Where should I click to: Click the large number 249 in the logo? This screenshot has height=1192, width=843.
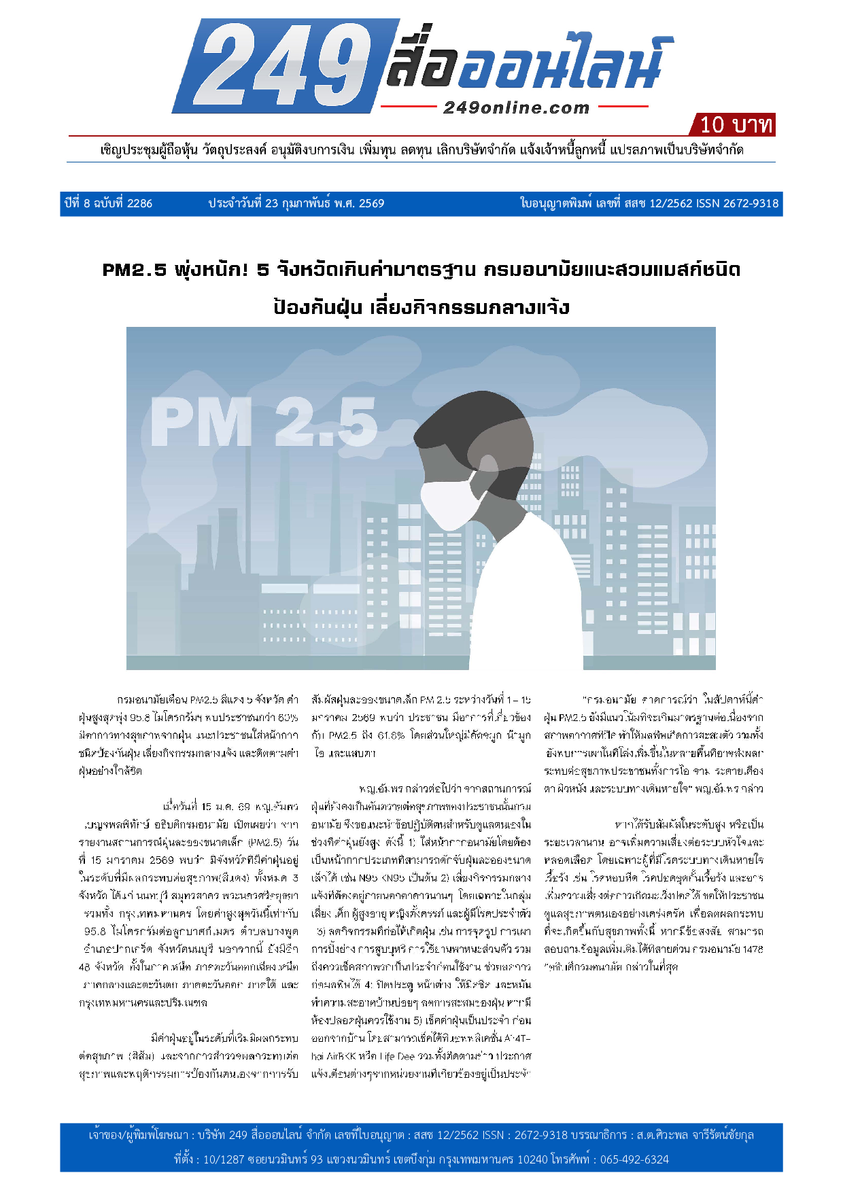pyautogui.click(x=279, y=66)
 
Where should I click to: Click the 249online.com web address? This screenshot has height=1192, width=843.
pyautogui.click(x=516, y=107)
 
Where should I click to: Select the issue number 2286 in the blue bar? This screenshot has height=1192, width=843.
pyautogui.click(x=139, y=203)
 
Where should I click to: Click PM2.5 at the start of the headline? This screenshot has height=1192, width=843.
pyautogui.click(x=134, y=270)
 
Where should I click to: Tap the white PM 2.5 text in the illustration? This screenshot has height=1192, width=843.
pyautogui.click(x=264, y=422)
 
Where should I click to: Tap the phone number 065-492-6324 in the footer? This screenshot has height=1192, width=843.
pyautogui.click(x=634, y=1159)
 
